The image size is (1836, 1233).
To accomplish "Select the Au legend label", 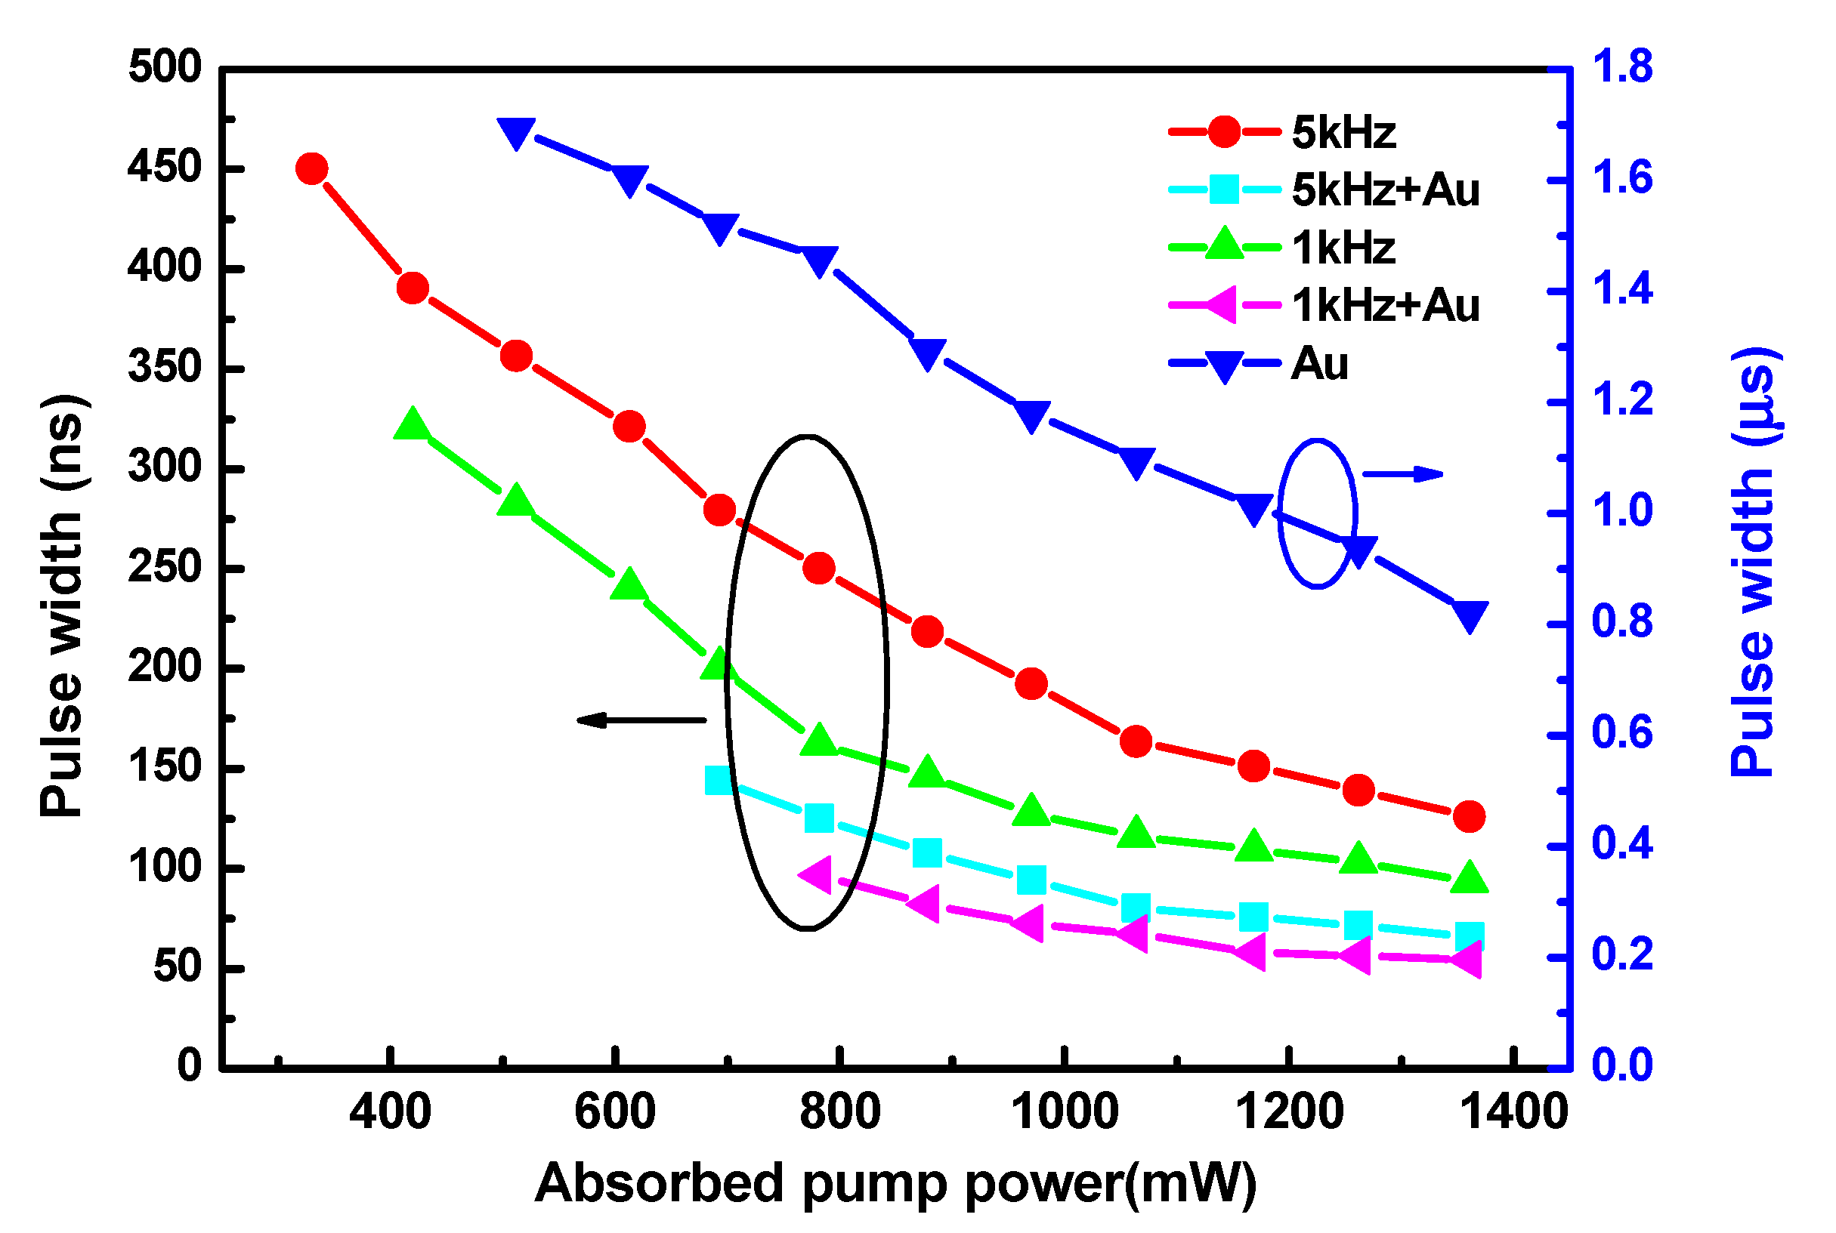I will tap(1319, 363).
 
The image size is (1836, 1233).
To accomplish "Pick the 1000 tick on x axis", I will tap(1064, 1112).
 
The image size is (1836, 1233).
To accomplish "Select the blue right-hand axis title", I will tap(1754, 562).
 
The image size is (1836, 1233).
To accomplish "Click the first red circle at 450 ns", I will tap(312, 168).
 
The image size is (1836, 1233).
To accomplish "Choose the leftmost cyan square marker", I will tap(719, 780).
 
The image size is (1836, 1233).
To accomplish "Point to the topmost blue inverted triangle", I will tap(517, 133).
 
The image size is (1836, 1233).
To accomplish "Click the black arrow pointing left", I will tap(641, 720).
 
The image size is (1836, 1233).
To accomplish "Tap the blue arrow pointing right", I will tap(1402, 474).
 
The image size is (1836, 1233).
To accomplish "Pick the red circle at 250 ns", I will tap(819, 568).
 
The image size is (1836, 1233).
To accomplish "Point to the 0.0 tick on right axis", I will tap(1622, 1065).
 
